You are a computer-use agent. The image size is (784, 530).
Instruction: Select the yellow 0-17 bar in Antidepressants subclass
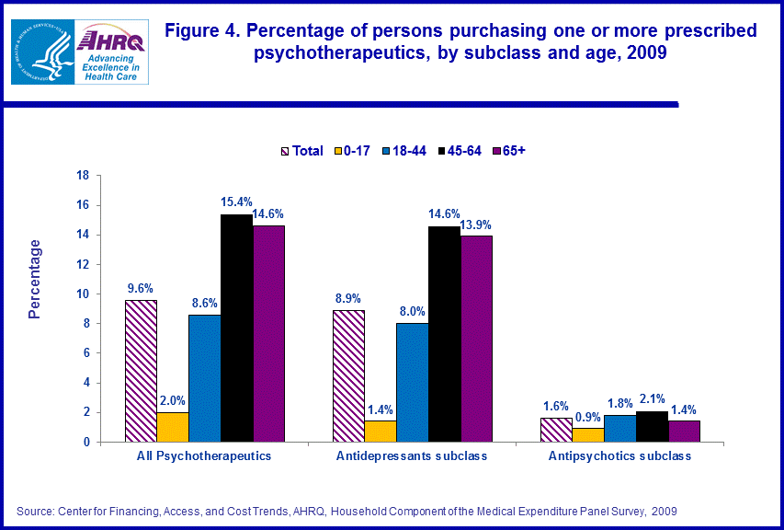click(381, 431)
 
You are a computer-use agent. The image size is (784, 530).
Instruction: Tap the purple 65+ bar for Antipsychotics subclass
click(684, 431)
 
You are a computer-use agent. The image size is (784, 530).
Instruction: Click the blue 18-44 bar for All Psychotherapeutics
click(204, 378)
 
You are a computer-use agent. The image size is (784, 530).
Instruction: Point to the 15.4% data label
click(235, 201)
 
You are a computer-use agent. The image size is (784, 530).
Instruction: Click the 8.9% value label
click(348, 298)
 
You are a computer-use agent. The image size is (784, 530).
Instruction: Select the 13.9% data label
click(476, 224)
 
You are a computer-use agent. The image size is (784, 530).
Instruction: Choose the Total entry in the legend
click(301, 151)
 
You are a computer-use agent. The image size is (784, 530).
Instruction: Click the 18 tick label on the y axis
click(82, 175)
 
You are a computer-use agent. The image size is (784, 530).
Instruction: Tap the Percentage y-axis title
click(35, 279)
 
